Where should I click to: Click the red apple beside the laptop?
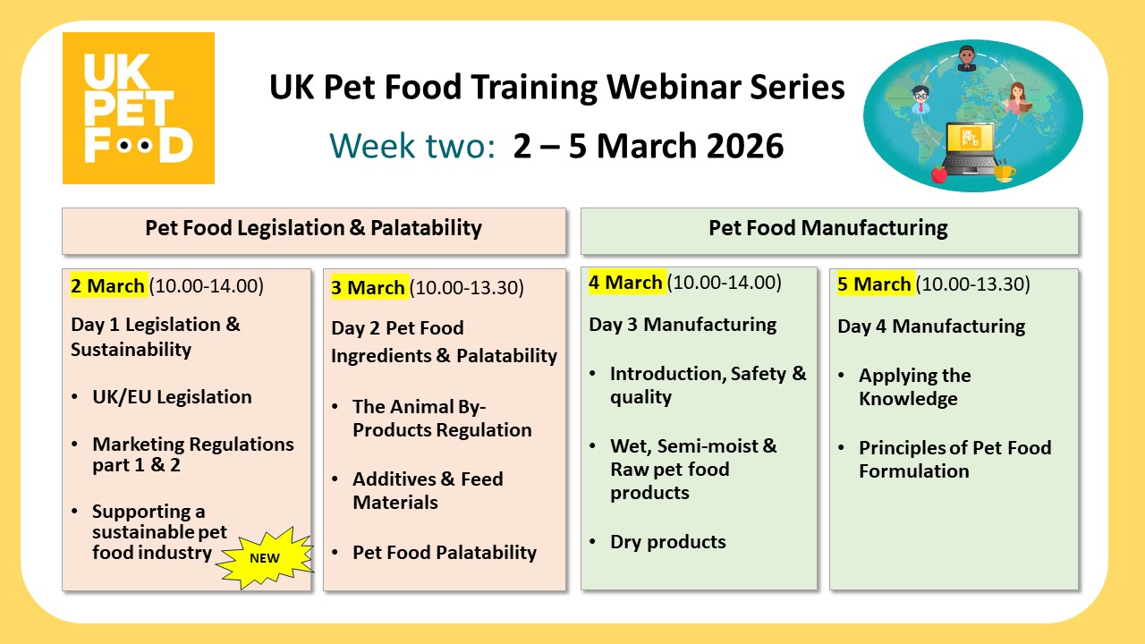tap(938, 173)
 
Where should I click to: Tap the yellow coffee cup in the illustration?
tap(1005, 171)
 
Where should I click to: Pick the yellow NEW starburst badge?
tap(264, 557)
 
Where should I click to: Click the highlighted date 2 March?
tap(107, 286)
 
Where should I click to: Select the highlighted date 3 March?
tap(368, 288)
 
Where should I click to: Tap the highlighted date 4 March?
tap(625, 283)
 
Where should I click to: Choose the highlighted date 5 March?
tap(874, 284)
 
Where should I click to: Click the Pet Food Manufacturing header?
tap(828, 228)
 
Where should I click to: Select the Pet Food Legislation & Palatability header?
tap(313, 228)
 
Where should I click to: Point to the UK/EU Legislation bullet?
tap(172, 397)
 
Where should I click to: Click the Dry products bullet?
tap(667, 542)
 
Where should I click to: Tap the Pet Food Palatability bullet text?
tap(445, 553)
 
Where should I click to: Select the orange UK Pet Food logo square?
tap(139, 108)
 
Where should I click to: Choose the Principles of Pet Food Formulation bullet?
tap(954, 460)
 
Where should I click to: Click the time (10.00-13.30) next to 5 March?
tap(973, 284)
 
